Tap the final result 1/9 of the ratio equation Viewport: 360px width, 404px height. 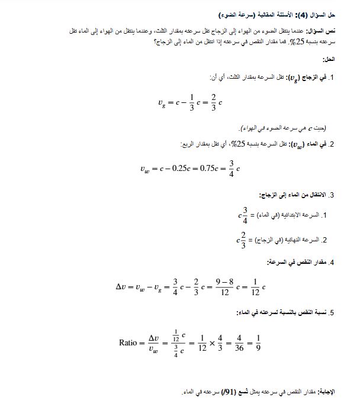click(258, 342)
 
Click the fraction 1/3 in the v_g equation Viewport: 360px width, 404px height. click(191, 102)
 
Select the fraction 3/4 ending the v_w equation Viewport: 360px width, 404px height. click(232, 168)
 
